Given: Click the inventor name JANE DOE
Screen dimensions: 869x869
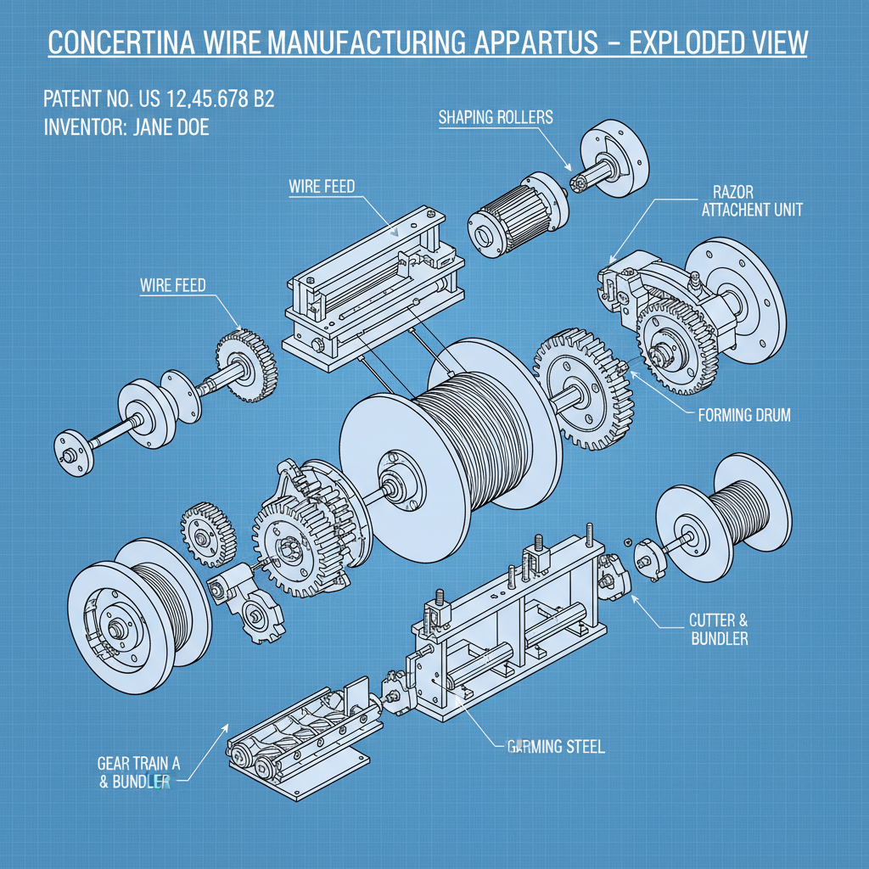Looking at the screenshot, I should click(x=169, y=128).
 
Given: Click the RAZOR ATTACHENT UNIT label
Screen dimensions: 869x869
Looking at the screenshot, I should click(x=752, y=200).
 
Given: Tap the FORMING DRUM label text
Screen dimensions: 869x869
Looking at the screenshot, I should click(x=743, y=416).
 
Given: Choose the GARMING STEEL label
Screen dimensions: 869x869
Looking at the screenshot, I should click(x=556, y=747).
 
